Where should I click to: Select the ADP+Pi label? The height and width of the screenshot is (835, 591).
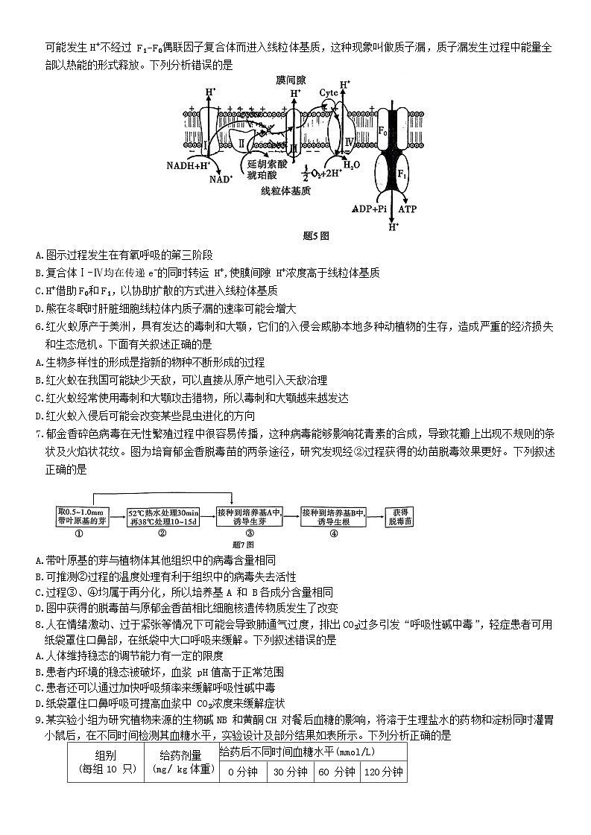point(370,209)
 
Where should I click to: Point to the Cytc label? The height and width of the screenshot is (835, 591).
point(329,92)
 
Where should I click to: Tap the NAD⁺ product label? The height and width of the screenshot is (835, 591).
point(221,179)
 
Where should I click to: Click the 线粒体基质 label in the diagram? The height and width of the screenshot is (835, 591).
point(285,191)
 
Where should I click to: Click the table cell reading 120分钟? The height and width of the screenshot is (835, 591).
point(384,772)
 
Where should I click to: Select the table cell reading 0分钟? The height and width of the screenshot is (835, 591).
point(242,772)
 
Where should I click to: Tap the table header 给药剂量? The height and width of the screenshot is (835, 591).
point(180,755)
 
